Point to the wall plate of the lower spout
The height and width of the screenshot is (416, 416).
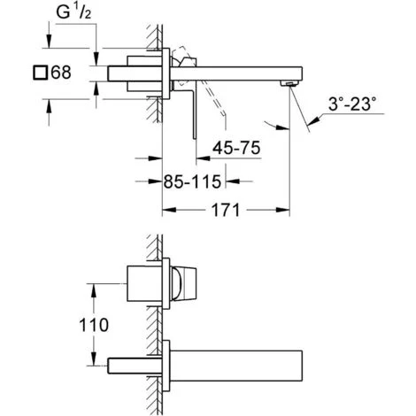pos(166,362)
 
